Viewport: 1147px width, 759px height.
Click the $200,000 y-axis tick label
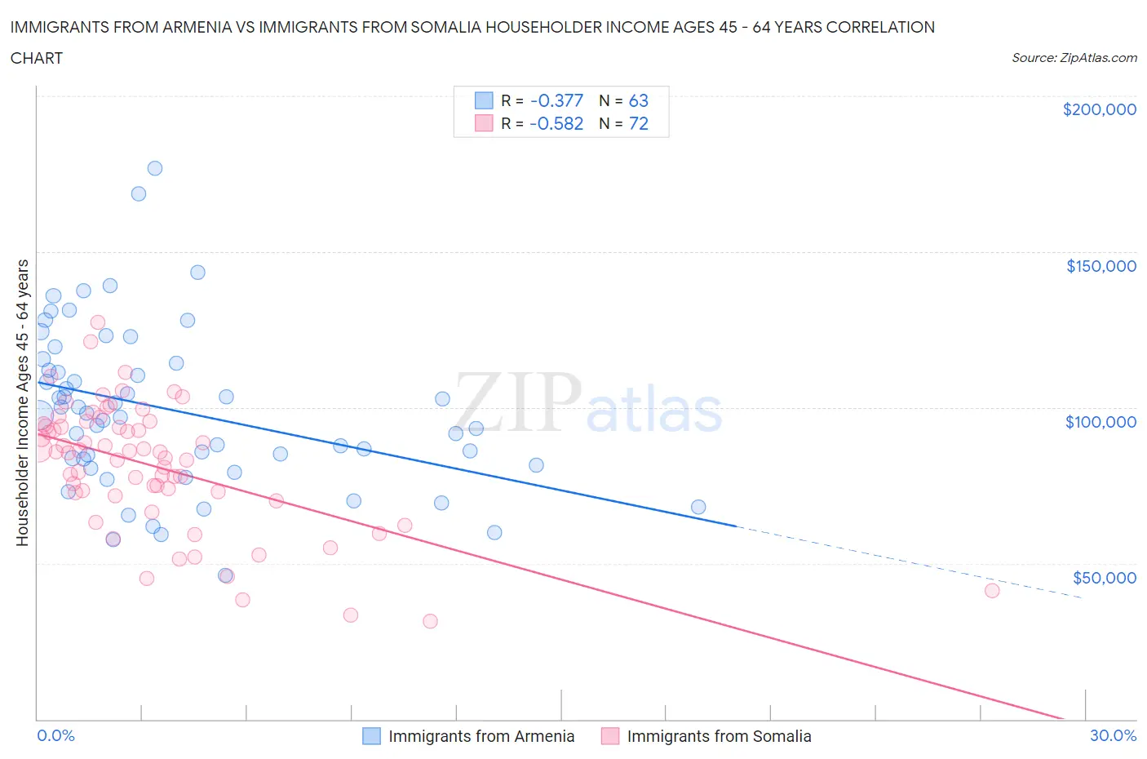point(1099,109)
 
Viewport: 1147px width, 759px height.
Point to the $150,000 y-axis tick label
point(1100,265)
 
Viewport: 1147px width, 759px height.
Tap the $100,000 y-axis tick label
point(1100,421)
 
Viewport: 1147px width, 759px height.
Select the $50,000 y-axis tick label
point(1104,577)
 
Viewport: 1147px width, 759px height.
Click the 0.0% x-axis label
point(55,735)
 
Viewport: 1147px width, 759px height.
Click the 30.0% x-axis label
point(1113,735)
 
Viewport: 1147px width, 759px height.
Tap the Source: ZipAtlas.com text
point(1074,57)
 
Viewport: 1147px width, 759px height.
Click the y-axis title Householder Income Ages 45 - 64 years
point(23,402)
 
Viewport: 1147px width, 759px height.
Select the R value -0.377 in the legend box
point(556,100)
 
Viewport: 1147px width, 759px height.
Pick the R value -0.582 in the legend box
point(556,123)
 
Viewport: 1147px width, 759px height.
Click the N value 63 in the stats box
point(638,100)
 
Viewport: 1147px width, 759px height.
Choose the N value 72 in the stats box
point(638,123)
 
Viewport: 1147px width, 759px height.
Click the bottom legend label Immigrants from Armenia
point(481,736)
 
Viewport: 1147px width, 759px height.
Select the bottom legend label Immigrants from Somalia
point(719,736)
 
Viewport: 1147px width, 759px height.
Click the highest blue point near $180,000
point(154,168)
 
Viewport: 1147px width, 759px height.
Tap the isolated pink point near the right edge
point(992,591)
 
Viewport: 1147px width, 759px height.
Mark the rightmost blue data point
point(698,507)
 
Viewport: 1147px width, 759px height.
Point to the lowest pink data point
point(430,621)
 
